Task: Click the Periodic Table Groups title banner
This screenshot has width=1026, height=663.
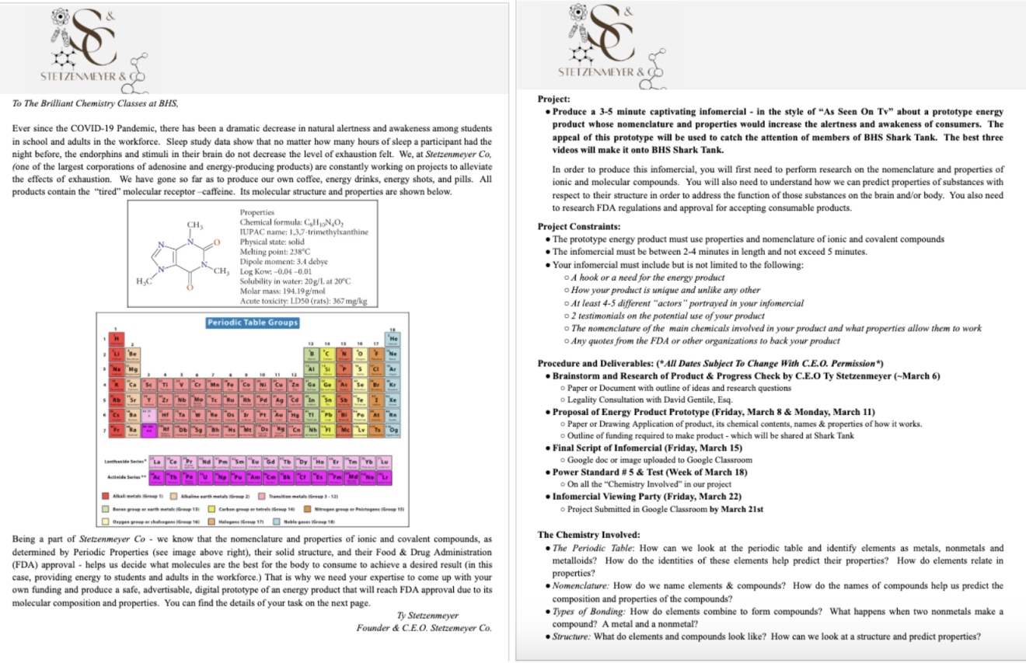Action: (x=253, y=322)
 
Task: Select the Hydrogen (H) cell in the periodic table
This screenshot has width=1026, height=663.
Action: (x=117, y=338)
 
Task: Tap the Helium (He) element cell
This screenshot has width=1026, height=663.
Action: (x=394, y=338)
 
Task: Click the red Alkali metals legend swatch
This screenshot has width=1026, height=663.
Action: (x=106, y=495)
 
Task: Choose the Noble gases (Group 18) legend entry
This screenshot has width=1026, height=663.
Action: (x=300, y=521)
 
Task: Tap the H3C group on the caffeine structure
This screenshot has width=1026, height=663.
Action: (x=145, y=281)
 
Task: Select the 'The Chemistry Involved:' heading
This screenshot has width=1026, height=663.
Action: (x=589, y=535)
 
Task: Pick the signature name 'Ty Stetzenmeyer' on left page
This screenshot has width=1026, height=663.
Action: (x=427, y=615)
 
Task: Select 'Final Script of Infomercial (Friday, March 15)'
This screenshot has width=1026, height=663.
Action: (x=647, y=448)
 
